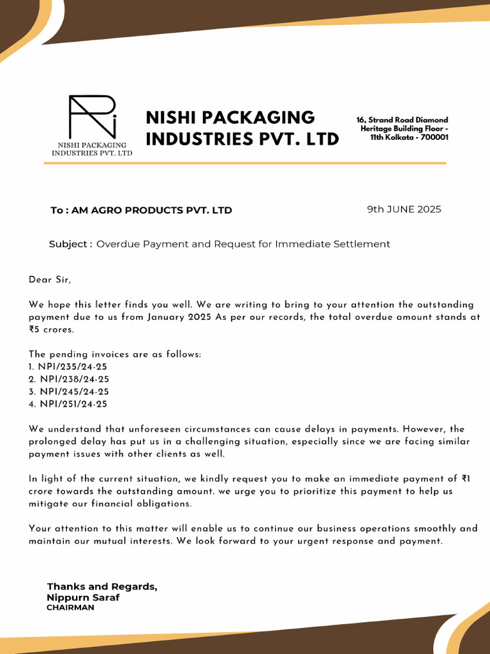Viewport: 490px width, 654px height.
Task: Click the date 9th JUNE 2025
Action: click(404, 209)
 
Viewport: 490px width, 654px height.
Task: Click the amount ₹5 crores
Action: click(51, 330)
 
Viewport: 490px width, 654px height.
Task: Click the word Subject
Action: click(69, 244)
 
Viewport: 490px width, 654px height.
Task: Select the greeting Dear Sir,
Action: click(50, 280)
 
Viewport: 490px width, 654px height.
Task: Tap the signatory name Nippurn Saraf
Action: click(83, 598)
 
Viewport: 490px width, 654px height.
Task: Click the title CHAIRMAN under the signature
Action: click(70, 608)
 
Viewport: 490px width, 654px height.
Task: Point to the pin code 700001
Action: click(433, 137)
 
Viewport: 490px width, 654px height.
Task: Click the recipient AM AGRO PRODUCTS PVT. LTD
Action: click(152, 210)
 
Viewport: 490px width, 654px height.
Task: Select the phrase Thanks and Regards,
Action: click(102, 586)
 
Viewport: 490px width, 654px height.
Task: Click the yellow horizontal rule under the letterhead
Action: click(245, 163)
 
